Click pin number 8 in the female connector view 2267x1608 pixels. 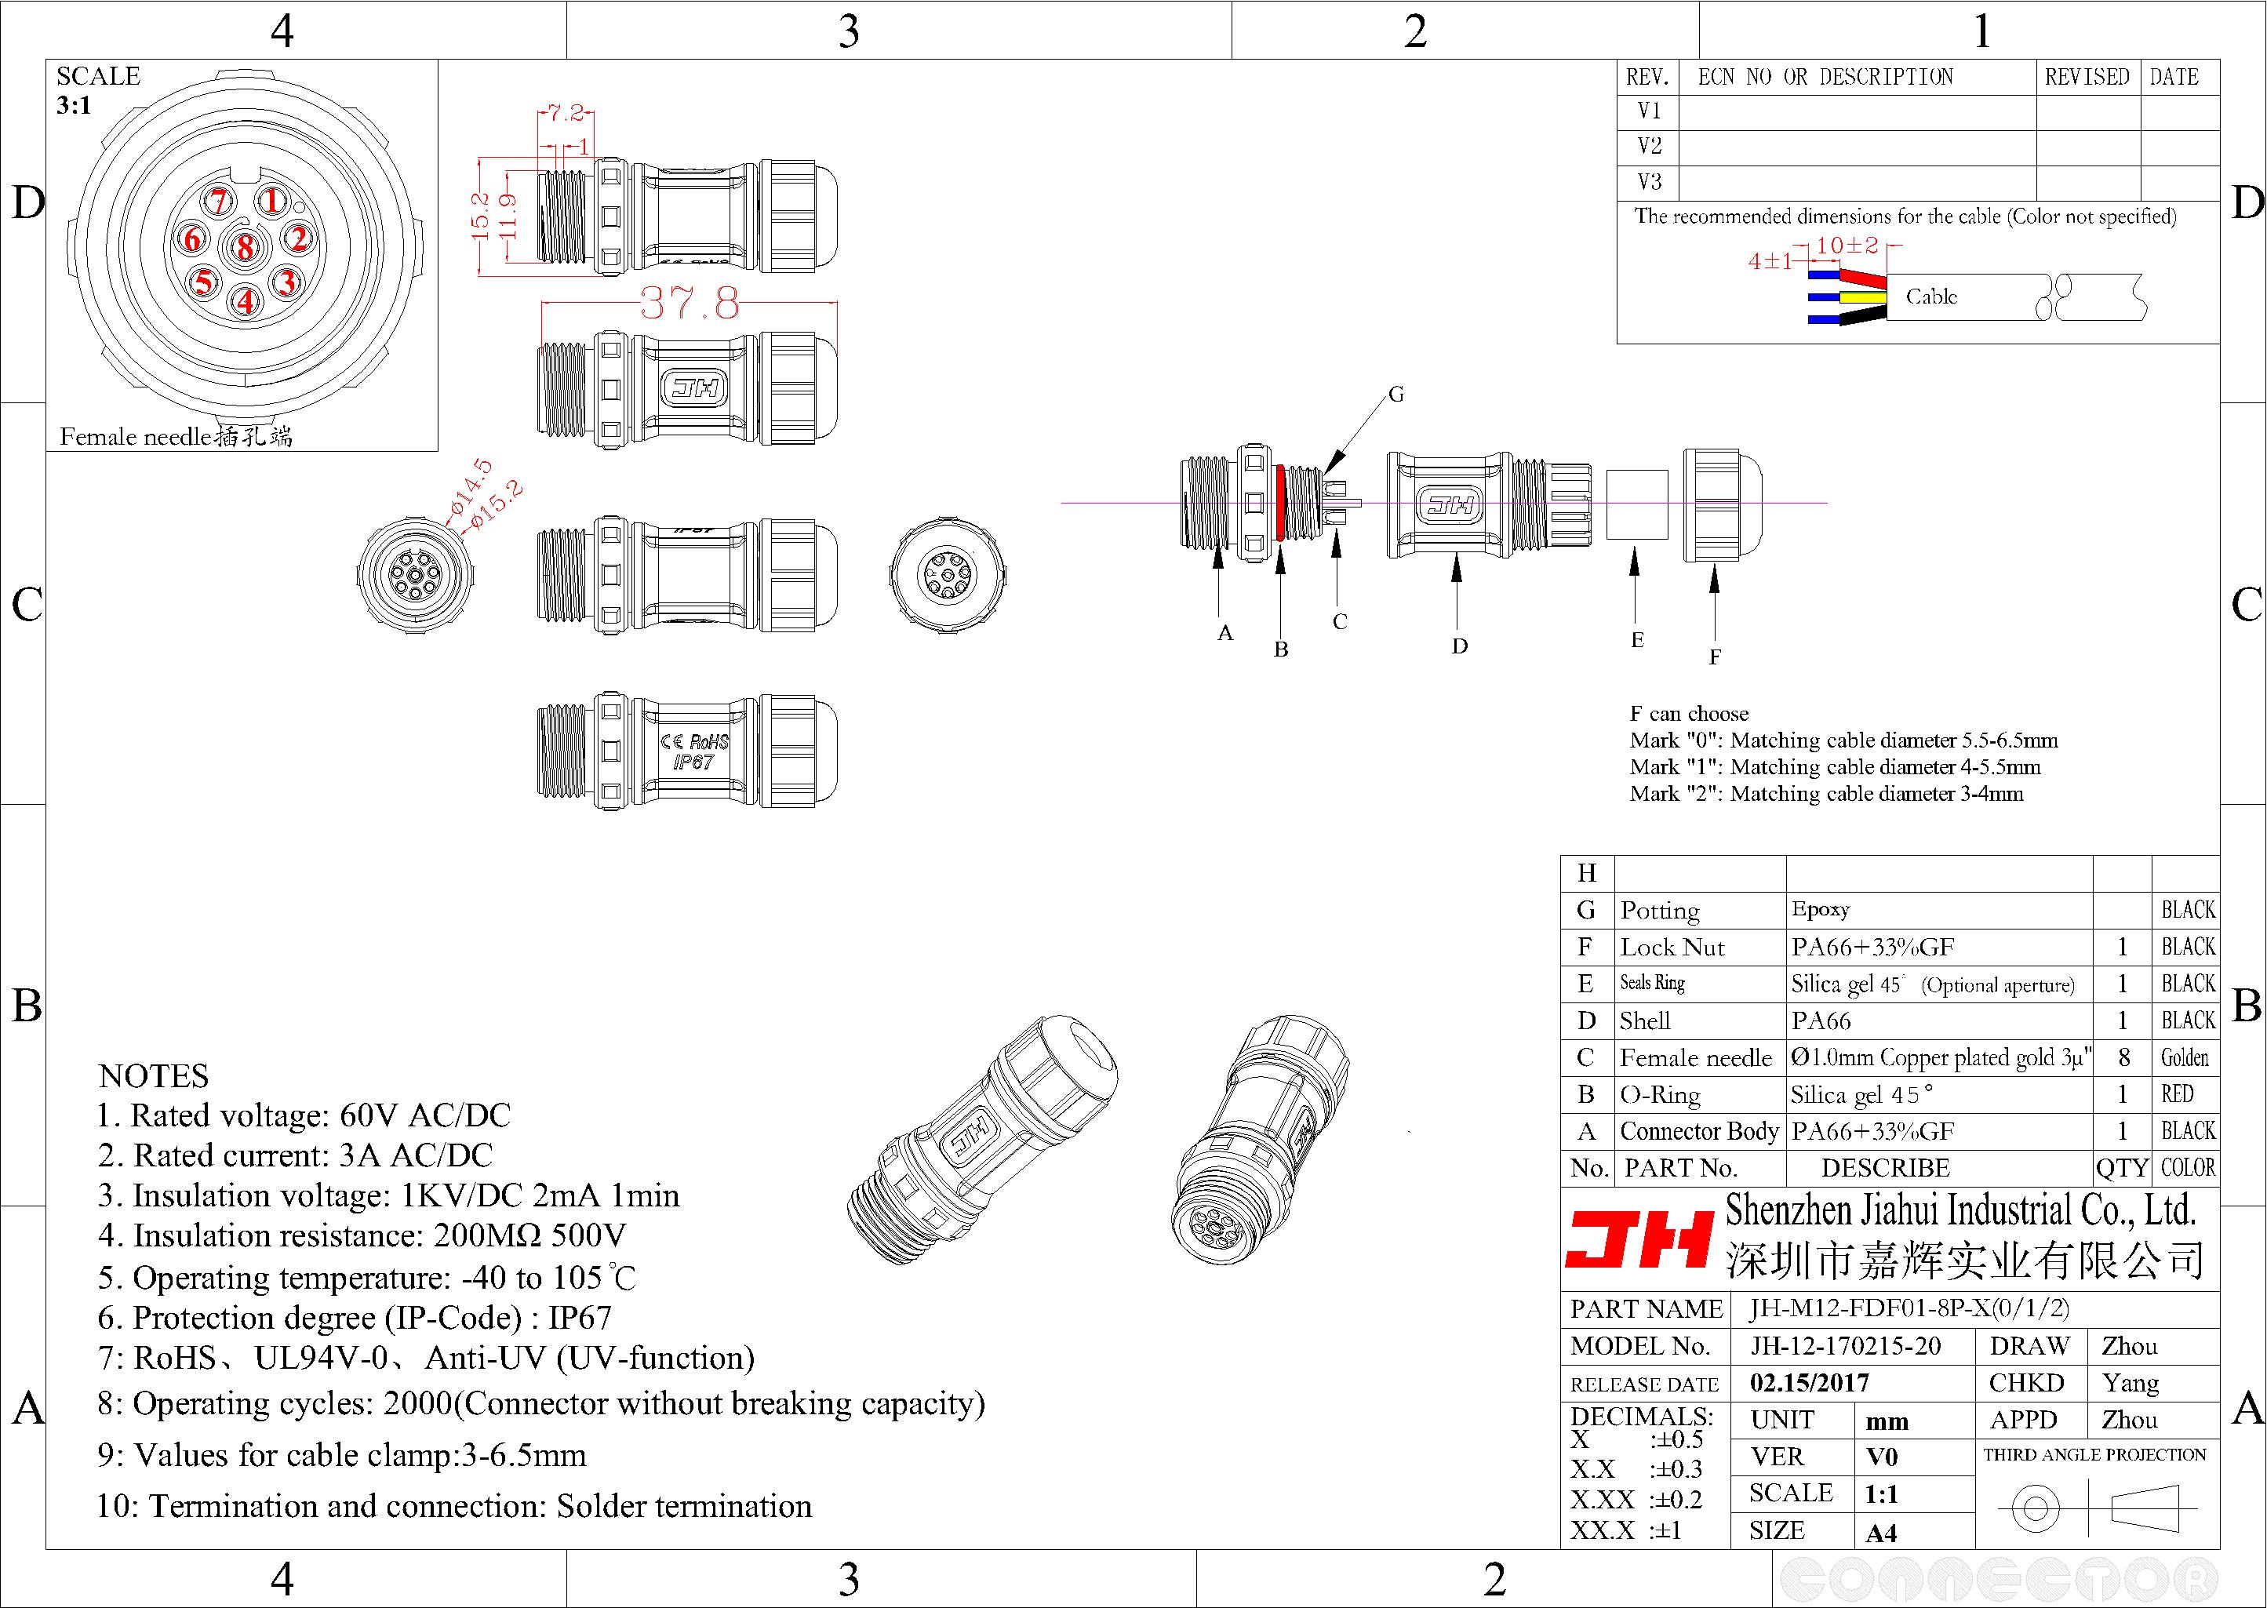(245, 249)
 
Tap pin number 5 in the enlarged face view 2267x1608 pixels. (204, 283)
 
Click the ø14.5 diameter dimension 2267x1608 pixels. (469, 488)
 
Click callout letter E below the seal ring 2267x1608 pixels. (1637, 641)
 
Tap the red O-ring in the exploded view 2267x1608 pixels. (1280, 503)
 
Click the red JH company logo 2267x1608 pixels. (1639, 1239)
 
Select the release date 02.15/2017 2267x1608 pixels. (1809, 1383)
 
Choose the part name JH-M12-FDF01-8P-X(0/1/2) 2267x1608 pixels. (1909, 1309)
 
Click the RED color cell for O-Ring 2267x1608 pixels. (2178, 1094)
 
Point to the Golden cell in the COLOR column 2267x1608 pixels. (2185, 1057)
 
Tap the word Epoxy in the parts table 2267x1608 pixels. (1820, 909)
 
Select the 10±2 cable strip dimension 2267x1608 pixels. (1847, 246)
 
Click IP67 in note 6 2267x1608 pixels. (580, 1318)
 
